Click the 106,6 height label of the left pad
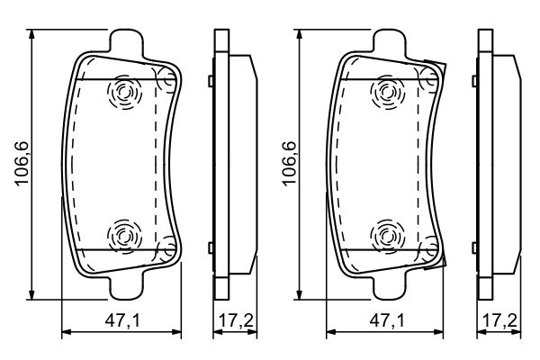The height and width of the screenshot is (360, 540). tap(22, 164)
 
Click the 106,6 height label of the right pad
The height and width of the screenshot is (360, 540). tap(289, 164)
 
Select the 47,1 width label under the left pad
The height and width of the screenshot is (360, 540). tap(122, 321)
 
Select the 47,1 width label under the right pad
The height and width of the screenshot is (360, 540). tap(387, 321)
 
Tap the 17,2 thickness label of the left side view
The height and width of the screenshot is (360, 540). tap(236, 321)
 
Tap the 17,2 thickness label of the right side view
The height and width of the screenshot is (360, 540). tap(499, 321)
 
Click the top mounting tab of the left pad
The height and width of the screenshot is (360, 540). tap(126, 42)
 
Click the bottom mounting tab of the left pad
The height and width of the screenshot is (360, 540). tap(126, 285)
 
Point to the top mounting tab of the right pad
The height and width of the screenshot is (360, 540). tap(391, 42)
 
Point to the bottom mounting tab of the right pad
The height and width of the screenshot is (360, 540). tap(391, 285)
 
